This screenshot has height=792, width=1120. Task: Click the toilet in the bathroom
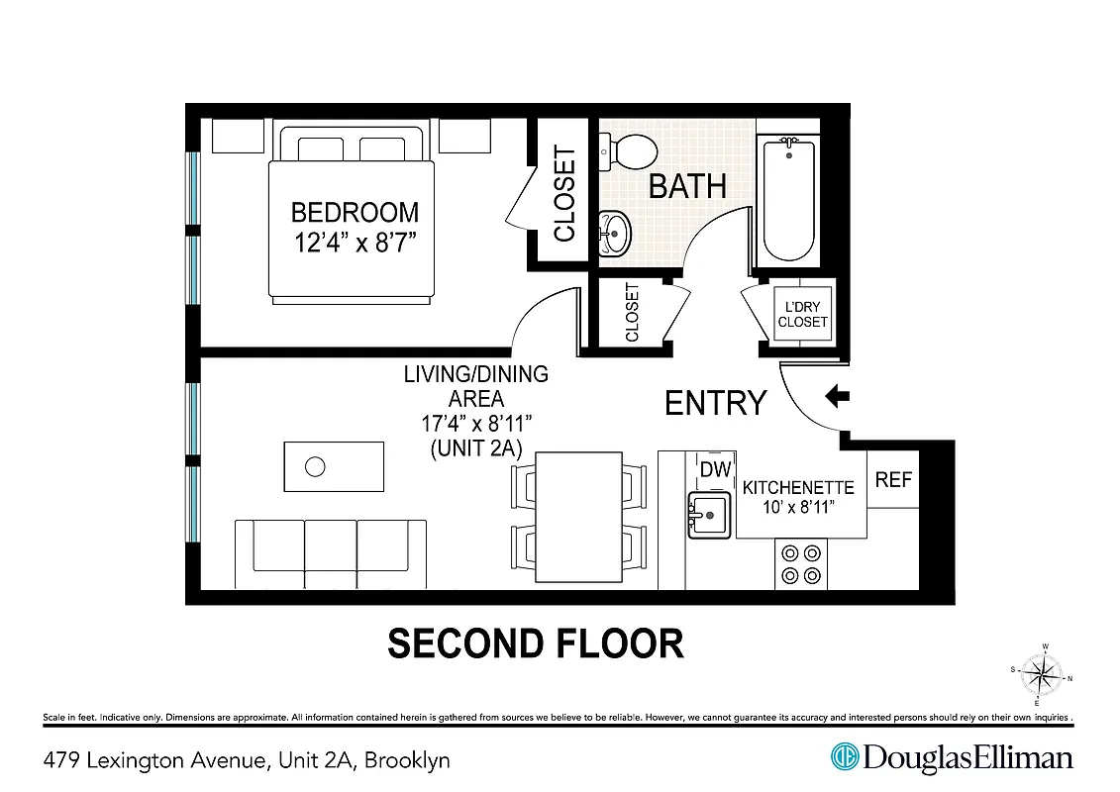point(629,151)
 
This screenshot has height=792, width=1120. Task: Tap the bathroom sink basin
point(615,235)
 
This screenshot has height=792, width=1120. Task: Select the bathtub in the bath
point(788,198)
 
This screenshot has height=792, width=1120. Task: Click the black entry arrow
point(838,397)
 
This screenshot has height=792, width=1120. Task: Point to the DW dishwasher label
point(714,468)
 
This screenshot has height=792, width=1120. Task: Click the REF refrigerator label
point(893,479)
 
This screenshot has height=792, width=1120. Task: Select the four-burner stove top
point(800,563)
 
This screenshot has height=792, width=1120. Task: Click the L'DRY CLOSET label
point(802,315)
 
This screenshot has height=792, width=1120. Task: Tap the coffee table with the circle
point(334,466)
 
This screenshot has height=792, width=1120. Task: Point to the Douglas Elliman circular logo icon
point(844,757)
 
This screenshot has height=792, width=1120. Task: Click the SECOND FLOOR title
point(535,643)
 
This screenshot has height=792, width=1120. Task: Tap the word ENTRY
point(715,403)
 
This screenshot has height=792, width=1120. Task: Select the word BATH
point(687,186)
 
